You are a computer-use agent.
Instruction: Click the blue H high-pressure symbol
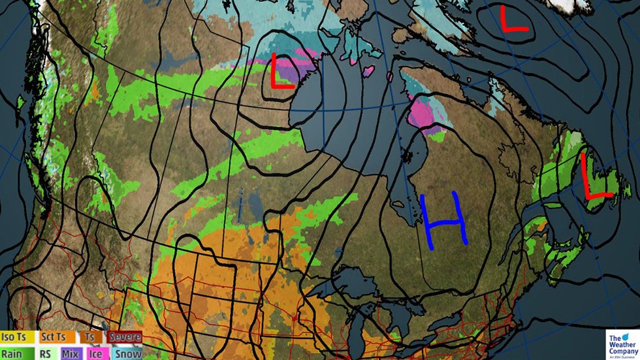tap(444, 220)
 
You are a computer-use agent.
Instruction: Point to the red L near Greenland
tap(513, 19)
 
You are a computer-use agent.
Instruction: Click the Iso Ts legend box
tap(18, 337)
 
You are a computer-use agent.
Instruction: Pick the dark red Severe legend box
tap(124, 337)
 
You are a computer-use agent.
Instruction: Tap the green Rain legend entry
tap(18, 353)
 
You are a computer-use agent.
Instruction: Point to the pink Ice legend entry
tap(95, 353)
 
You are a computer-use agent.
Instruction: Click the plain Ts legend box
tap(89, 337)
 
